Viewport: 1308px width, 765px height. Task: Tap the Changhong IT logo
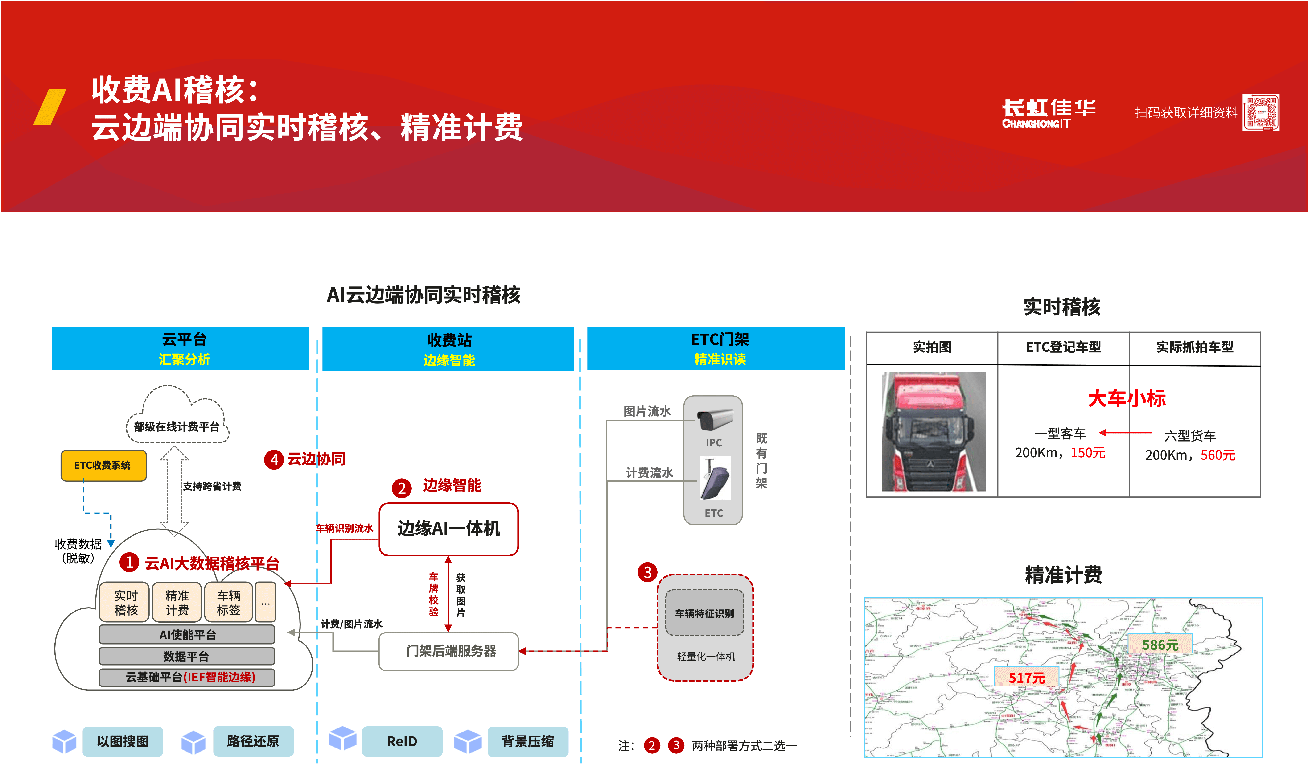coord(1049,113)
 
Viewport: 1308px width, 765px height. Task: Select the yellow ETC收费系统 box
coord(103,465)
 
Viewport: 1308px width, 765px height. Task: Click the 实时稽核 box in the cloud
coord(126,602)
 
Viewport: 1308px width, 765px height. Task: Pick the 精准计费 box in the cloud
coord(177,602)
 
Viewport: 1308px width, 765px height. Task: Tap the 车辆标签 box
coord(228,602)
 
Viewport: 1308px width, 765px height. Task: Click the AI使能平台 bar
coord(187,635)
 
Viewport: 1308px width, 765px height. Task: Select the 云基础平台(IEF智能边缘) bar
coord(187,677)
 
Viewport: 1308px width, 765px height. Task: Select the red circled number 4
coord(274,460)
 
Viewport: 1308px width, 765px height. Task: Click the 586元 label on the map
coord(1160,645)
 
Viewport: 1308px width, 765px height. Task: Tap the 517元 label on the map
coord(1026,677)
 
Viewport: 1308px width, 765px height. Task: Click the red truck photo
coord(933,432)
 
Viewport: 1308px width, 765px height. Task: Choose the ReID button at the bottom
coord(402,741)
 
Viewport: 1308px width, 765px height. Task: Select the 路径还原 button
coord(253,741)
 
